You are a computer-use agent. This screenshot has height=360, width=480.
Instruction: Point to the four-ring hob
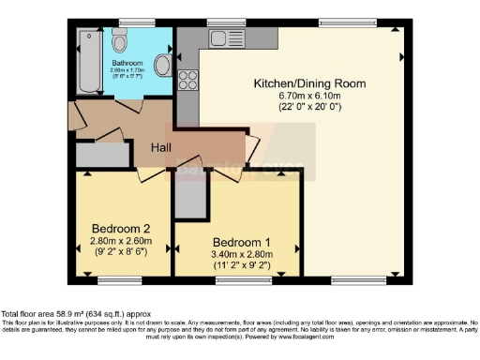click(x=186, y=82)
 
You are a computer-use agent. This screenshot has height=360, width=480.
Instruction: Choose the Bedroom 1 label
click(x=237, y=239)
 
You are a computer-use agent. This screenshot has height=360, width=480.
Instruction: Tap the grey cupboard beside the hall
click(x=100, y=155)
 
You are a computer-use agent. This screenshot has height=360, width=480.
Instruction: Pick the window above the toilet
click(x=130, y=22)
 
